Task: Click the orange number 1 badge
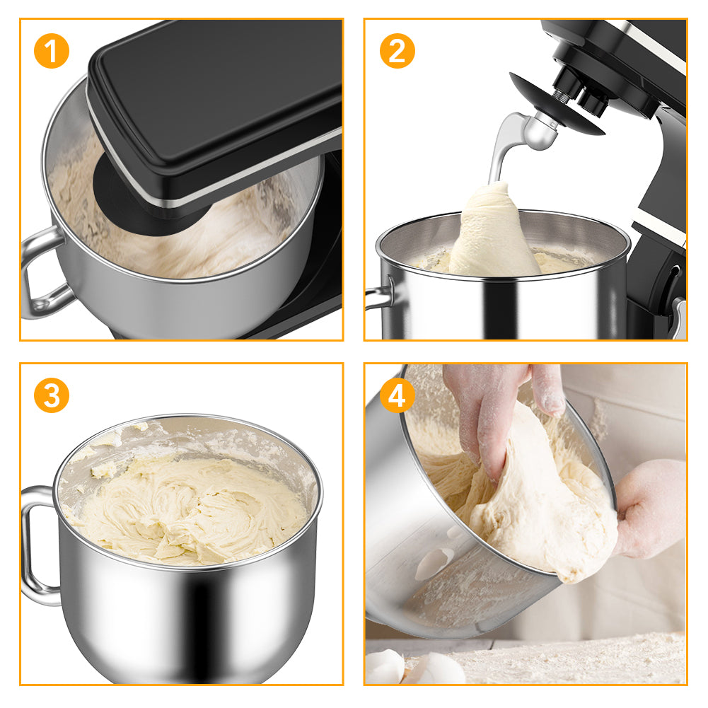coord(52,51)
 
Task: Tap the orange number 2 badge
coord(397,51)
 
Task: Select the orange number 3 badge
coord(52,395)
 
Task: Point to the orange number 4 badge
coord(397,395)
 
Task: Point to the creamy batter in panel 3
coord(190,510)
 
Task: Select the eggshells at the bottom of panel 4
coord(415,668)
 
